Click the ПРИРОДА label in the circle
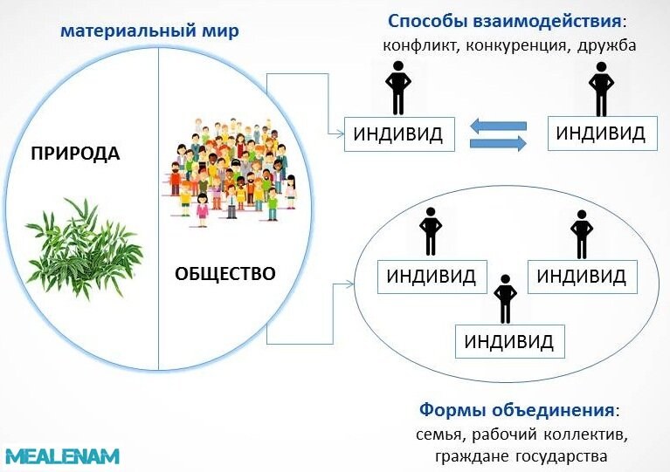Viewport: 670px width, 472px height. pos(75,154)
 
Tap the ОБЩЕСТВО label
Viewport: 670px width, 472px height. pos(225,274)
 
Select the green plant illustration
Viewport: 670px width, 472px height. pos(83,249)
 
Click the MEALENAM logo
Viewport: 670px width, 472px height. pos(61,456)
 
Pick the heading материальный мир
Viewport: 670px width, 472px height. pos(149,31)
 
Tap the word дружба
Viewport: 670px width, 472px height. pos(606,45)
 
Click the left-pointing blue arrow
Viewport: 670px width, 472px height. pos(498,126)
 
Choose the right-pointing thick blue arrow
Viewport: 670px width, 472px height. pos(498,143)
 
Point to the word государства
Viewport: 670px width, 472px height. pos(562,456)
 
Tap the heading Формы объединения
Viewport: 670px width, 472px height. pos(516,410)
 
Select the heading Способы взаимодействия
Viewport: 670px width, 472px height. pos(504,21)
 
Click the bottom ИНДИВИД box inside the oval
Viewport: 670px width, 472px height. pos(510,341)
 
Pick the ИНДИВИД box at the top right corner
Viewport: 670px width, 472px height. pos(603,133)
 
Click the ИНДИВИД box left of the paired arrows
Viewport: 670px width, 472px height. pos(399,134)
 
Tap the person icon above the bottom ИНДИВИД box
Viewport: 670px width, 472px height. pos(506,298)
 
